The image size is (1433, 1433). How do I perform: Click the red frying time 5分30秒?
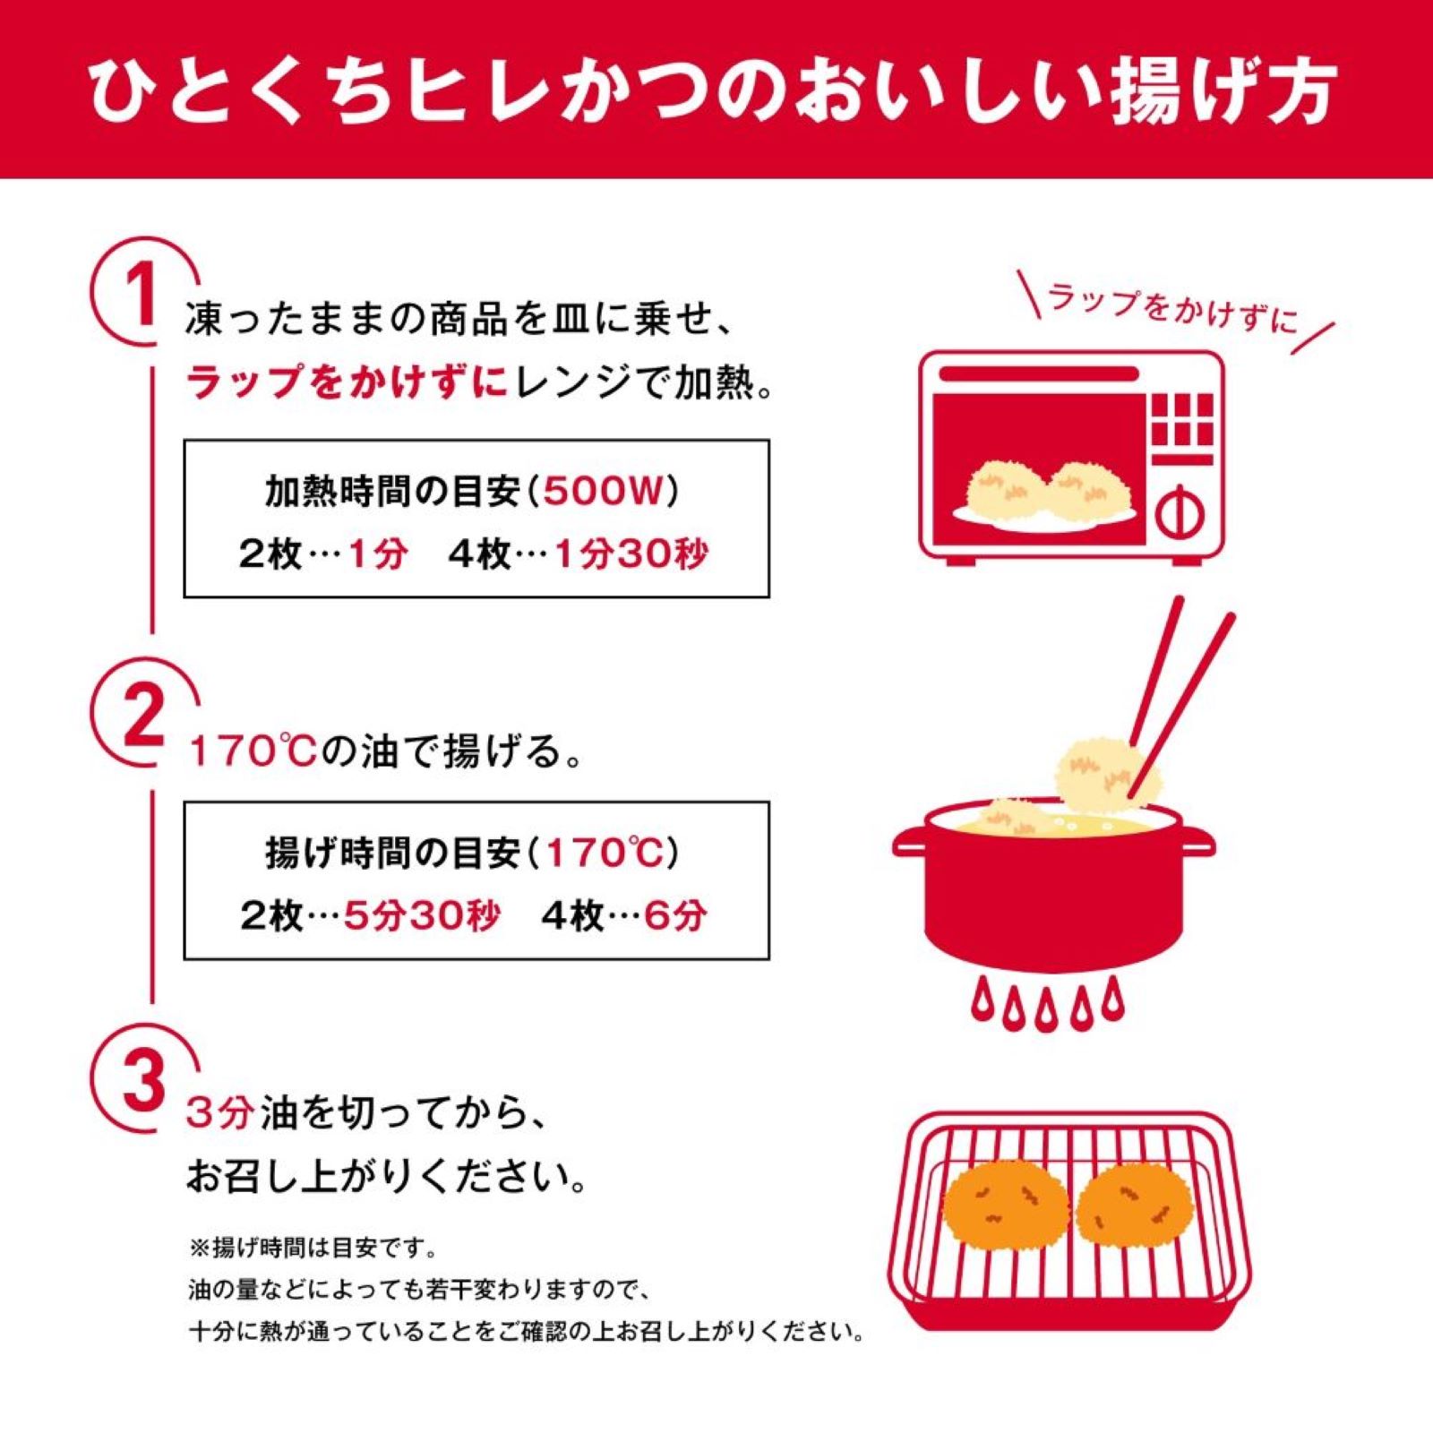point(422,915)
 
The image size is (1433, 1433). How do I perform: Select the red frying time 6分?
point(675,915)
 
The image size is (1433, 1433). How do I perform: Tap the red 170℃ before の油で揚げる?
point(252,751)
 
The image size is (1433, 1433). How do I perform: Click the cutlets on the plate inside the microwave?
point(1049,492)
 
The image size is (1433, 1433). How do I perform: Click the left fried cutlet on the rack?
point(1007,1206)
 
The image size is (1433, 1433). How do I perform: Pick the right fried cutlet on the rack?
point(1135,1206)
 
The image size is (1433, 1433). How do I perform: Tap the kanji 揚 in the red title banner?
point(1149,90)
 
